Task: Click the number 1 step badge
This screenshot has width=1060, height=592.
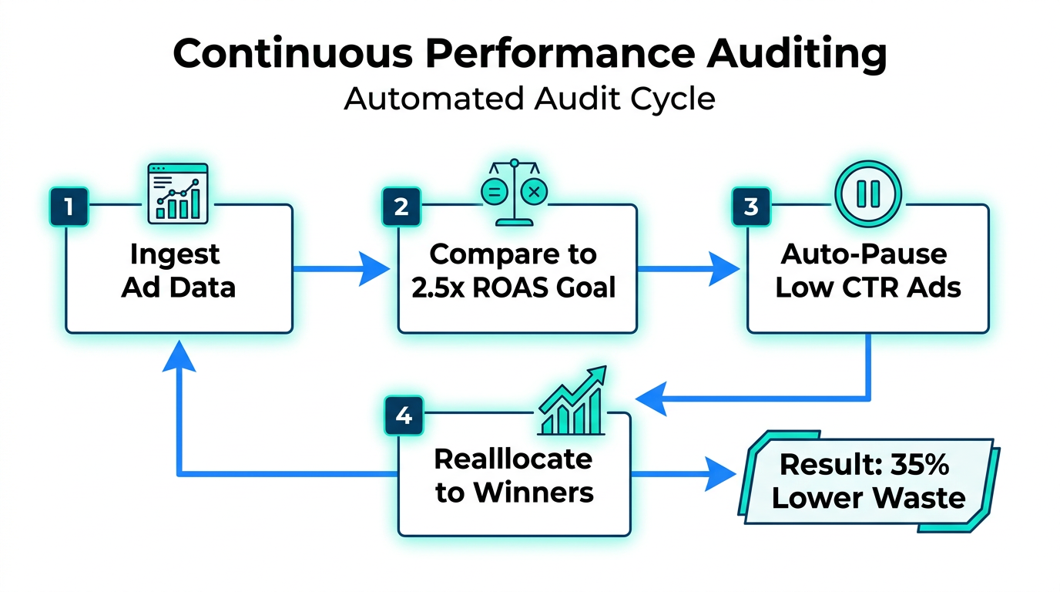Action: click(x=69, y=207)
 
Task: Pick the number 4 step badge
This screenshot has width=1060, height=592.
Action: click(x=403, y=415)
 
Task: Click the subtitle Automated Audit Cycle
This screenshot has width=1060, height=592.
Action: click(x=529, y=99)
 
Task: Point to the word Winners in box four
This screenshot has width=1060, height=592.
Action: click(x=536, y=492)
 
